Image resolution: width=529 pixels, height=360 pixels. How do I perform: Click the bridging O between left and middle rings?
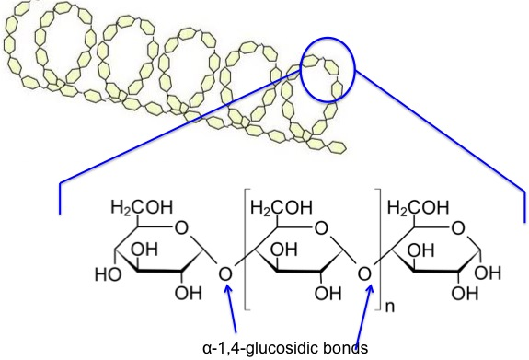[225, 273]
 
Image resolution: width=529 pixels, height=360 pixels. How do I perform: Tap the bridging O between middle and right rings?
[364, 273]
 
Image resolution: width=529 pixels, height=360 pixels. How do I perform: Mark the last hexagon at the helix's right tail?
[336, 145]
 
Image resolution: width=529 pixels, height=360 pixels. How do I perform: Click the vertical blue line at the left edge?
[61, 197]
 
